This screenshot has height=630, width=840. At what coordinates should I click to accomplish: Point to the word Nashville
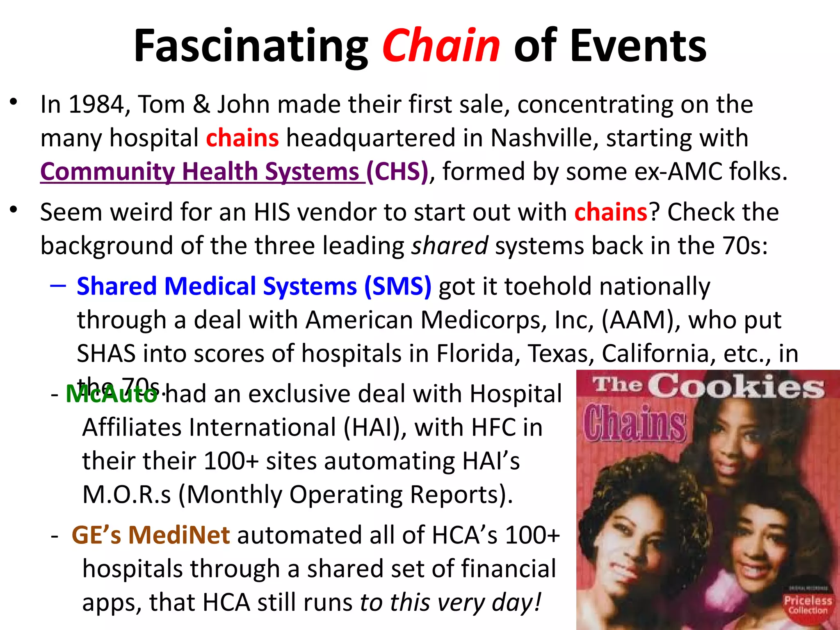545,138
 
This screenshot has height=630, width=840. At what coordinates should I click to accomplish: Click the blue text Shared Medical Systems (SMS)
254,286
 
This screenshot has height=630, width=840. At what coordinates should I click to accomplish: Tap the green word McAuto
112,394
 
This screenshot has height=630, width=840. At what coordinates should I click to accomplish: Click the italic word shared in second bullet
450,246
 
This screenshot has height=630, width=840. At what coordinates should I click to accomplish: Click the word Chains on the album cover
635,422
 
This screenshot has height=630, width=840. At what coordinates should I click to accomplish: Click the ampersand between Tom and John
201,104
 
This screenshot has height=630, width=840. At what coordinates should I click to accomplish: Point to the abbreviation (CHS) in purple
397,171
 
